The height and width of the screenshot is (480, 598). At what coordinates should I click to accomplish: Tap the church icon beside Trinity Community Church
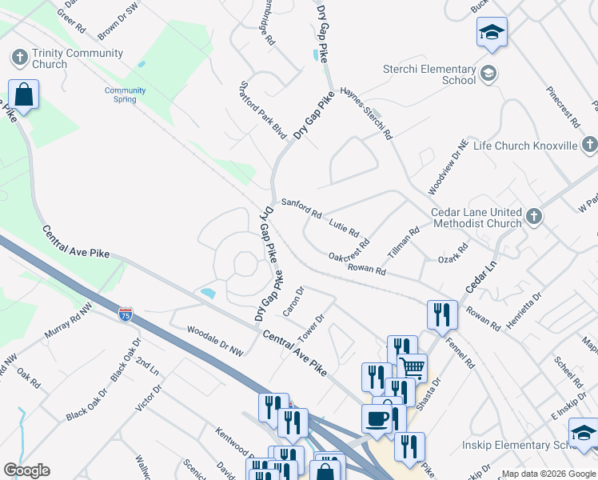click(19, 58)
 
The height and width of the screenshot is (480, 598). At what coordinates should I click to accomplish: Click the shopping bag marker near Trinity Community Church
click(24, 94)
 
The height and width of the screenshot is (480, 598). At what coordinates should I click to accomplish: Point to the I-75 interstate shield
click(126, 314)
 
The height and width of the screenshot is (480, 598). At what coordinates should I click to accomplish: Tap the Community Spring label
click(126, 95)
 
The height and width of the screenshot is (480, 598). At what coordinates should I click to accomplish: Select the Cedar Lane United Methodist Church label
click(476, 218)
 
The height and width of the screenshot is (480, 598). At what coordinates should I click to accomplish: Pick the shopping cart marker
click(412, 367)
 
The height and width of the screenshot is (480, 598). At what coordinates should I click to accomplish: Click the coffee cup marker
click(377, 417)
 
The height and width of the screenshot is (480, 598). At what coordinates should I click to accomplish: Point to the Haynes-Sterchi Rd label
click(366, 114)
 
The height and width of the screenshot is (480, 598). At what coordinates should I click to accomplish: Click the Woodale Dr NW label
click(214, 340)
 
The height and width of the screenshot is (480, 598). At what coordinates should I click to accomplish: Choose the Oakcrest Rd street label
click(349, 251)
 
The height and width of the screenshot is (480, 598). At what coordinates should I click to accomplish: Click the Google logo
click(26, 470)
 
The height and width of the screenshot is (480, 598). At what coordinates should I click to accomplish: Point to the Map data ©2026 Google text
click(548, 474)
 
